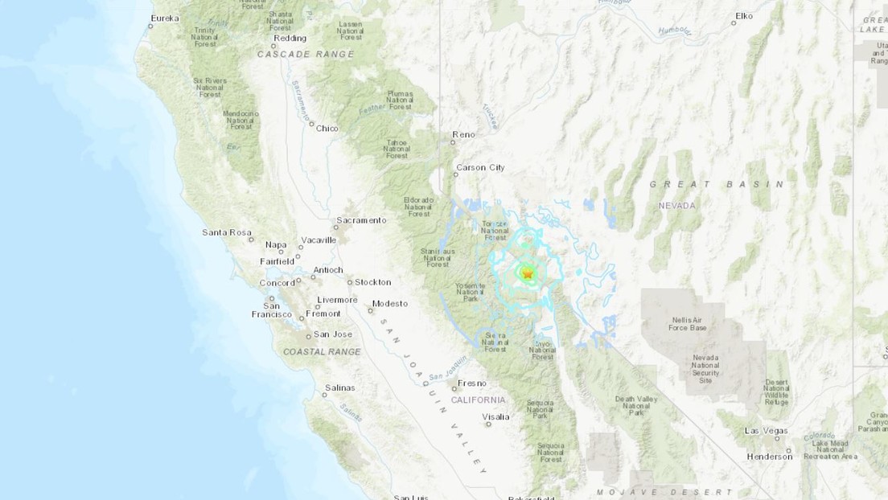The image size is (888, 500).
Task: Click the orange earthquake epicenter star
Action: (528, 274)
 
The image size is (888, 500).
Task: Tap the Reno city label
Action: (463, 134)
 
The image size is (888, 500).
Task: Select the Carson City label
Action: (480, 167)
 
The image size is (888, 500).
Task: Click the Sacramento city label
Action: (361, 220)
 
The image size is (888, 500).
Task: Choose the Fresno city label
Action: (472, 383)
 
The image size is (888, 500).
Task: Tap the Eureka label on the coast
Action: (165, 18)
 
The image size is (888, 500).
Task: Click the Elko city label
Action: (745, 14)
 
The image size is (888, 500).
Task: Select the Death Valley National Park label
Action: (636, 405)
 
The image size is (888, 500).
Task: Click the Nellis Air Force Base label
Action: (688, 323)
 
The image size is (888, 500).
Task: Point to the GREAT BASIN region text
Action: (717, 184)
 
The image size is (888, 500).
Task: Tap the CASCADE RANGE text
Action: (305, 55)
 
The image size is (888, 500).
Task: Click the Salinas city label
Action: (339, 387)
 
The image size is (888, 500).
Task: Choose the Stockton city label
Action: (372, 282)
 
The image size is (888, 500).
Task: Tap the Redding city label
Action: (290, 38)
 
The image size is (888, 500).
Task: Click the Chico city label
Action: (327, 128)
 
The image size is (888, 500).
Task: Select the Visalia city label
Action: (495, 416)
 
